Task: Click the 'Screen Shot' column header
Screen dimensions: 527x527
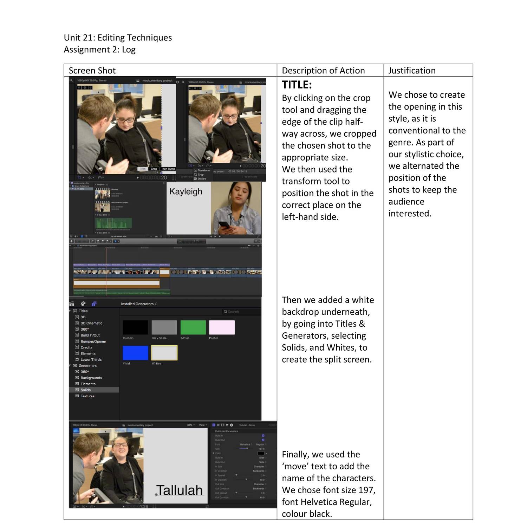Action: tap(92, 71)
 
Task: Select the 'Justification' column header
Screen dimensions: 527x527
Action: tap(412, 71)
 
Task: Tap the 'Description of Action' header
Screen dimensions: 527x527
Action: tap(323, 71)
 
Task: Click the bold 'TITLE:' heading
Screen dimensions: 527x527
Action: tap(297, 85)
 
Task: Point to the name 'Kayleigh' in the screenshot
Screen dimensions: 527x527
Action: tap(186, 191)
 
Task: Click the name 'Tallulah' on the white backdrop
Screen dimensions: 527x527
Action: tap(180, 490)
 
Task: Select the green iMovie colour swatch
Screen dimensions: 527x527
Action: tap(193, 327)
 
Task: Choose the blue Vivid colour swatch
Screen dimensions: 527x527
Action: tap(135, 353)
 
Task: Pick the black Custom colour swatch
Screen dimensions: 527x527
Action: tap(135, 327)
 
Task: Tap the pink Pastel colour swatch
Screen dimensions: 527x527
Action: tap(222, 327)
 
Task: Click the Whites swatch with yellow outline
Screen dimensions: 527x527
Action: tap(164, 353)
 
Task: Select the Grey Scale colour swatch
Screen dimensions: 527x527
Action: tap(164, 327)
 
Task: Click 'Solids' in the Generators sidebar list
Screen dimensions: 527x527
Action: tap(86, 390)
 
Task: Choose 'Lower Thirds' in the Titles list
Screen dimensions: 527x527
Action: tap(91, 360)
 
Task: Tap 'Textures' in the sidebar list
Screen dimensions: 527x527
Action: tap(87, 396)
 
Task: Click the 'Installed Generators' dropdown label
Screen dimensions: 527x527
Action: tap(137, 304)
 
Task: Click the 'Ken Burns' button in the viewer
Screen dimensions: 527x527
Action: tap(169, 169)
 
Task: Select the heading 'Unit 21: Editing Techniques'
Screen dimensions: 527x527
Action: tap(118, 38)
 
